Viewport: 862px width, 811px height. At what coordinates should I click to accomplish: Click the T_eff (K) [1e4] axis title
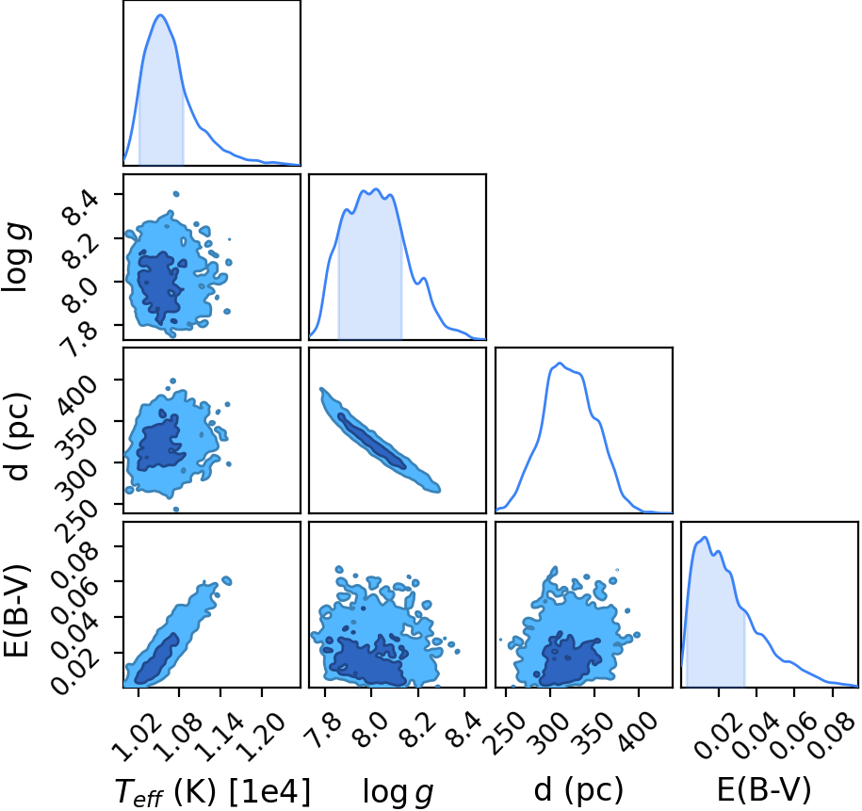point(213,792)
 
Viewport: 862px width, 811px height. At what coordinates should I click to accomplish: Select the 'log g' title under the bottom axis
point(398,792)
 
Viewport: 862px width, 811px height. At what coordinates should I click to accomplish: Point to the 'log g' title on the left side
point(18,257)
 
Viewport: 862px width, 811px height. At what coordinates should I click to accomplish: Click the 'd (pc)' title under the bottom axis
point(578,790)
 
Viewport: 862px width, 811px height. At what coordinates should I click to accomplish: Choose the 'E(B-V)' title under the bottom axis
point(764,789)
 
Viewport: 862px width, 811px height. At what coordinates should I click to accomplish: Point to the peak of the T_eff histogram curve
point(160,15)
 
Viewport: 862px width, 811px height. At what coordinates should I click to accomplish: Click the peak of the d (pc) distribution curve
point(560,363)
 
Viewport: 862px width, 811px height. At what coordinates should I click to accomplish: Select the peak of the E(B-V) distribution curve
point(705,537)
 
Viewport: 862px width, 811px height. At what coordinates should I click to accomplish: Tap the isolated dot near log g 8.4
point(176,194)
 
